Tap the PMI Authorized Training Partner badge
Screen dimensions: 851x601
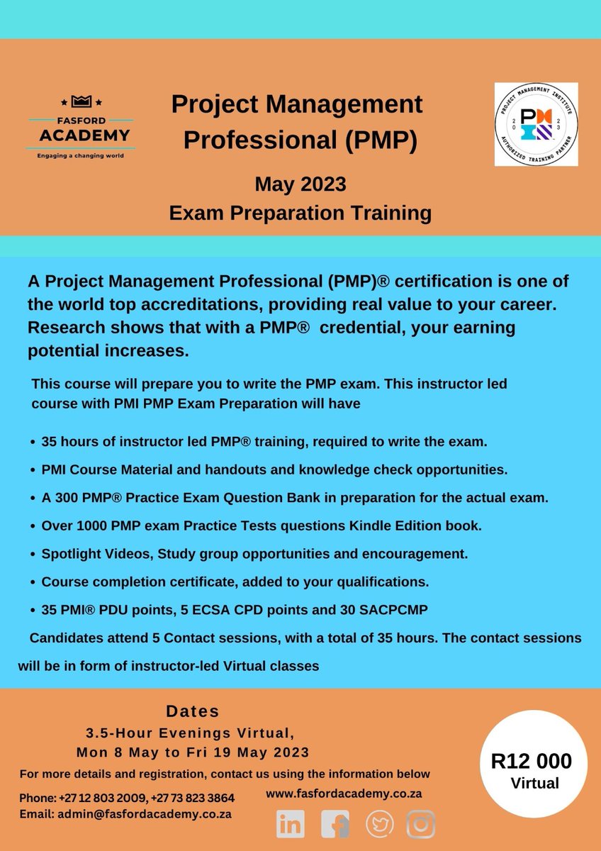535,124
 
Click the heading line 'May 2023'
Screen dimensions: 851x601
300,185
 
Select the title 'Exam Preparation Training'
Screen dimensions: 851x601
300,212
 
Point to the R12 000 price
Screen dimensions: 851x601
531,762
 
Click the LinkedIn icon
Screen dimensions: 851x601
291,824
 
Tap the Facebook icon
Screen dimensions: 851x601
335,824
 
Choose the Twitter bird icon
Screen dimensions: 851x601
378,824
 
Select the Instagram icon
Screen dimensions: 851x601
421,824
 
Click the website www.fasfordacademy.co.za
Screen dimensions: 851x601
344,794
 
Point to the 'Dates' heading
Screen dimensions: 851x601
193,711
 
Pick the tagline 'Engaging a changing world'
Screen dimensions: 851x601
79,155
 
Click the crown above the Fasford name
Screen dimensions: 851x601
79,102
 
